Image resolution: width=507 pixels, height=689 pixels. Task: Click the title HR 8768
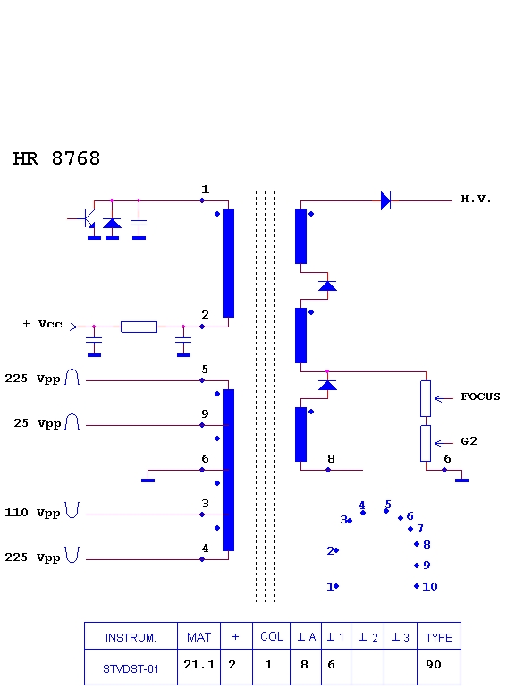pyautogui.click(x=56, y=158)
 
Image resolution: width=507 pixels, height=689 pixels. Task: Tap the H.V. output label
pyautogui.click(x=476, y=199)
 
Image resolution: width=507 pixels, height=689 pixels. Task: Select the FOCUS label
pyautogui.click(x=480, y=396)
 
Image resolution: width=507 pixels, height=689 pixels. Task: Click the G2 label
pyautogui.click(x=469, y=441)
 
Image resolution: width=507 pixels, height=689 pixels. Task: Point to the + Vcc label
pyautogui.click(x=43, y=324)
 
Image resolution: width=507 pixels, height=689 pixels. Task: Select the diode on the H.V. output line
pyautogui.click(x=385, y=200)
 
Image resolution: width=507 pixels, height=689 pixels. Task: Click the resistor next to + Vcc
pyautogui.click(x=139, y=327)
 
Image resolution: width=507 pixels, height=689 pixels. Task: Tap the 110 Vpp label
pyautogui.click(x=32, y=513)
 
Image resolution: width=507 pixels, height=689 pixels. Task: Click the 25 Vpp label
pyautogui.click(x=38, y=423)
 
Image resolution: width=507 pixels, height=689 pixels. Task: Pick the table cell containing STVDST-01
pyautogui.click(x=131, y=667)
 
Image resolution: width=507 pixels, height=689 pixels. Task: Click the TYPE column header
pyautogui.click(x=438, y=636)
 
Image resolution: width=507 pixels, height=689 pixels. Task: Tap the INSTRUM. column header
pyautogui.click(x=131, y=636)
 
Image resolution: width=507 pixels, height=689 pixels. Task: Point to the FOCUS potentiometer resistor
pyautogui.click(x=426, y=398)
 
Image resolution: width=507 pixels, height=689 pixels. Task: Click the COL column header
pyautogui.click(x=271, y=636)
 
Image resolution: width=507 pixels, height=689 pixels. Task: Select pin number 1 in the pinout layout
pyautogui.click(x=330, y=587)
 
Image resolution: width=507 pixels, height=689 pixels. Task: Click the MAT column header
pyautogui.click(x=199, y=636)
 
